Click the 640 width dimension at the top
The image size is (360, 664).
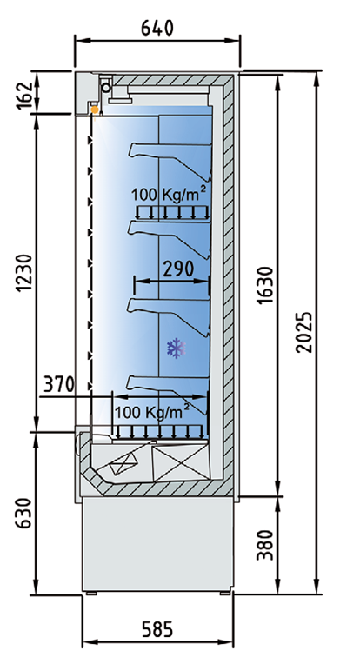[157, 29]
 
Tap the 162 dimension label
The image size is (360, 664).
[24, 96]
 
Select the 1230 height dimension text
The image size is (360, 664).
[24, 273]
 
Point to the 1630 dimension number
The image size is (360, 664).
[265, 285]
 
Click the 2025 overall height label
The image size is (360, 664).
[304, 332]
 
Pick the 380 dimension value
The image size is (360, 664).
[265, 545]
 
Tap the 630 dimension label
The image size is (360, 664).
[24, 513]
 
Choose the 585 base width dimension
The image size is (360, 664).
[157, 629]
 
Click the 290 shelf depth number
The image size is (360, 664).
[178, 269]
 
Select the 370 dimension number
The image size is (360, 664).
[59, 384]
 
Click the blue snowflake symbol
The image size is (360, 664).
[177, 349]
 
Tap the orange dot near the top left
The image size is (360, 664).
[95, 110]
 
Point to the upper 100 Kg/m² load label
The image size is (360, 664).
[169, 195]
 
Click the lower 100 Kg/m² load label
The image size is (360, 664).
[152, 412]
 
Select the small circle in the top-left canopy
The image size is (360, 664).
[106, 89]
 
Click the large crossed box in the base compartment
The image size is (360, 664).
[181, 462]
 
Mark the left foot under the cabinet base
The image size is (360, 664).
[91, 593]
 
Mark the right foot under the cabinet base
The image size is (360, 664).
[225, 593]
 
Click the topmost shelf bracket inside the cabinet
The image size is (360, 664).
[170, 159]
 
